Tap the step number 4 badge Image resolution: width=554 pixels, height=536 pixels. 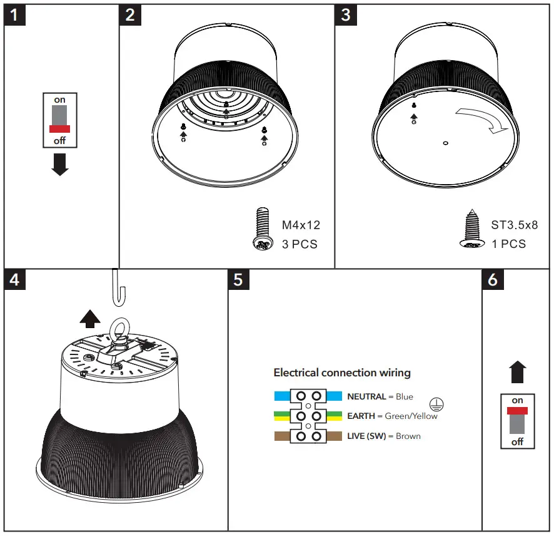coord(15,279)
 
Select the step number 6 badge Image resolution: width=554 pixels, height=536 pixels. coord(493,279)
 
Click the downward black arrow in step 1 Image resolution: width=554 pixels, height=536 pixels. coord(60,164)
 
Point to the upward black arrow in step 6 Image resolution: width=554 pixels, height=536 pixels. coord(518,372)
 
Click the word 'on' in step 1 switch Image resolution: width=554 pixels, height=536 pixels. coord(59,100)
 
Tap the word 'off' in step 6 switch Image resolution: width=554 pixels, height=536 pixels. coord(518,441)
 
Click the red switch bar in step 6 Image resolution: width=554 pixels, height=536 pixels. coord(518,411)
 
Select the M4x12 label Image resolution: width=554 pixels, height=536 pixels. coord(301,225)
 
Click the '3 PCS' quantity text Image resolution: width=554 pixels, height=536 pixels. coord(300,244)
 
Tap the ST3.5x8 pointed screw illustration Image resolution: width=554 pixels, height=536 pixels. coord(473,233)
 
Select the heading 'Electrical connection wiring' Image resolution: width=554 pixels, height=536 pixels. coord(342,373)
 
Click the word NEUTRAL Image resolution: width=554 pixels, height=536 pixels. coord(366,396)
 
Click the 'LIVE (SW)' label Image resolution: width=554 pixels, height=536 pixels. coord(366,436)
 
